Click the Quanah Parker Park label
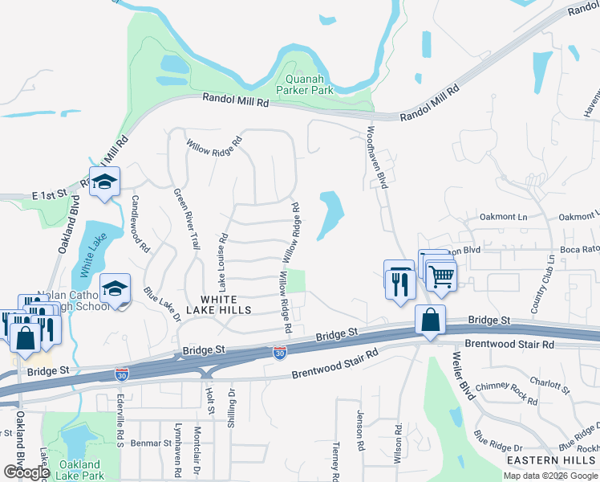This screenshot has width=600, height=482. click(x=304, y=85)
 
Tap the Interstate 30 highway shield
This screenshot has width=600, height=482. click(x=279, y=353)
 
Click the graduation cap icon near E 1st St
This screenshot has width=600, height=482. click(x=104, y=183)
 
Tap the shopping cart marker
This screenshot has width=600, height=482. click(x=442, y=276)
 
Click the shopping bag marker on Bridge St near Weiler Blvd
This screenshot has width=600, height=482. click(x=431, y=321)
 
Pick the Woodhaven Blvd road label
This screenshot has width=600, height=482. click(x=378, y=157)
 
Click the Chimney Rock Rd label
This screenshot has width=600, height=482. click(x=506, y=393)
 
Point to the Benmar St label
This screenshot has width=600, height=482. click(x=147, y=443)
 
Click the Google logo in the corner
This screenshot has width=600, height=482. click(x=26, y=472)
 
